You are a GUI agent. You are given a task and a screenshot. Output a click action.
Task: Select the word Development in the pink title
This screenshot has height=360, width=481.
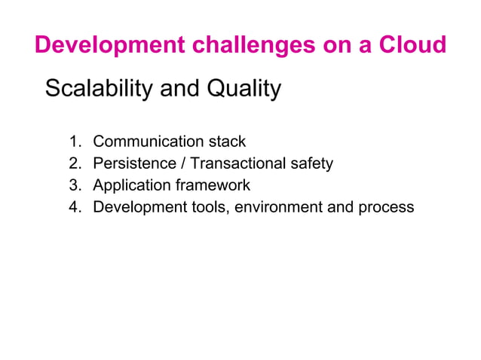point(108,45)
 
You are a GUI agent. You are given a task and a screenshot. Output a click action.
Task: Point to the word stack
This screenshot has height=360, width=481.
point(227,142)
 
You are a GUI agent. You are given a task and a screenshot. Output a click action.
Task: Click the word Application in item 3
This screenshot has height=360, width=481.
point(128,185)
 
